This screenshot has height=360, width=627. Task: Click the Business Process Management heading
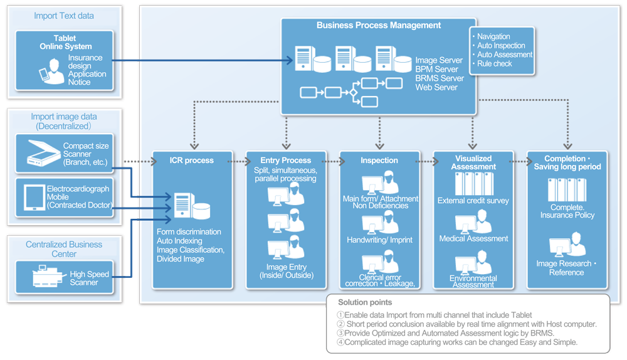379,26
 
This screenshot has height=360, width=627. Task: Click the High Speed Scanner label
89,278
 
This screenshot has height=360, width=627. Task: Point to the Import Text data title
64,16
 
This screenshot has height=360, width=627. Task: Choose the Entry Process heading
285,161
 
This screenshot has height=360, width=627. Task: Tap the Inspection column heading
379,161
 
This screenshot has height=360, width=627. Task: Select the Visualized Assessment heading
473,162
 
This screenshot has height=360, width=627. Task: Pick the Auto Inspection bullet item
501,46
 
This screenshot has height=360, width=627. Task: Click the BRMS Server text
440,78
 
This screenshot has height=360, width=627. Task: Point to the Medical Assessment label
473,239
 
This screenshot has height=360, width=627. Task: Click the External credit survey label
473,201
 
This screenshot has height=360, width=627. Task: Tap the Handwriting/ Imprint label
379,240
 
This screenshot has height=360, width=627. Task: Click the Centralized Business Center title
64,249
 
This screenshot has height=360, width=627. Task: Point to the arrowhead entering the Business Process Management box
290,61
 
